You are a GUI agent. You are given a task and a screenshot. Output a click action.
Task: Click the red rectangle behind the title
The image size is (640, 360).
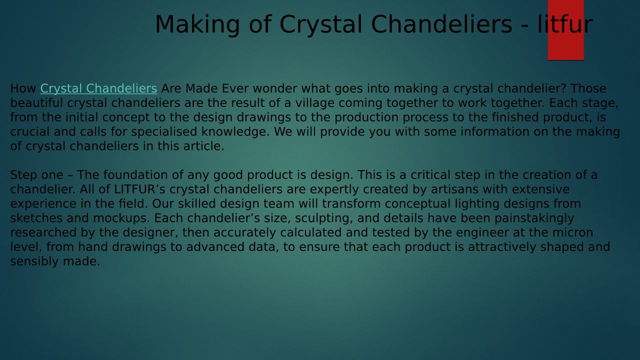pos(565,30)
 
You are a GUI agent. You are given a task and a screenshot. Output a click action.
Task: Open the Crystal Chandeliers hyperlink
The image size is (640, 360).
pos(98,88)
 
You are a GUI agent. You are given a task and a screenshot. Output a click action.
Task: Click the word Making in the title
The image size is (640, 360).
pos(197,25)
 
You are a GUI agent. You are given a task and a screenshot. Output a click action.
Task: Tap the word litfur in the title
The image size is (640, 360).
pos(565,24)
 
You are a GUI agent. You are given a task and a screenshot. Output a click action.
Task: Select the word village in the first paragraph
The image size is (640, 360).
pos(314,103)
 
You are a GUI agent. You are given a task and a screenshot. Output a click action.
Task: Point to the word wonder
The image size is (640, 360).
pos(275,88)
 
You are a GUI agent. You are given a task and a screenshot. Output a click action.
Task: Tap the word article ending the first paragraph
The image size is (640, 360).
pos(203,146)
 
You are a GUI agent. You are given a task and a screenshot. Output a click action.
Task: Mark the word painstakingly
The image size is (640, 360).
pos(534,218)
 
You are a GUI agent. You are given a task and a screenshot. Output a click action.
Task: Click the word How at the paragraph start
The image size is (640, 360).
pos(23,88)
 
